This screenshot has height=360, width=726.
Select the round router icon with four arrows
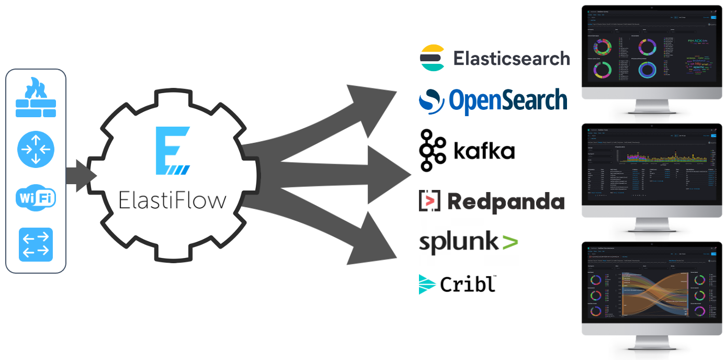coord(36,150)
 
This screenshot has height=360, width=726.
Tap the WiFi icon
coord(36,198)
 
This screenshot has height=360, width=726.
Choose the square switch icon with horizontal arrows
coord(36,244)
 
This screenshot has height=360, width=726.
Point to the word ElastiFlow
coord(173,200)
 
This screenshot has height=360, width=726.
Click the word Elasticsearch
coord(511,58)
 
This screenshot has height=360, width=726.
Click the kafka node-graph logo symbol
coord(432,150)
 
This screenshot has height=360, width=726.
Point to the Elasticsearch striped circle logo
coord(432,58)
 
